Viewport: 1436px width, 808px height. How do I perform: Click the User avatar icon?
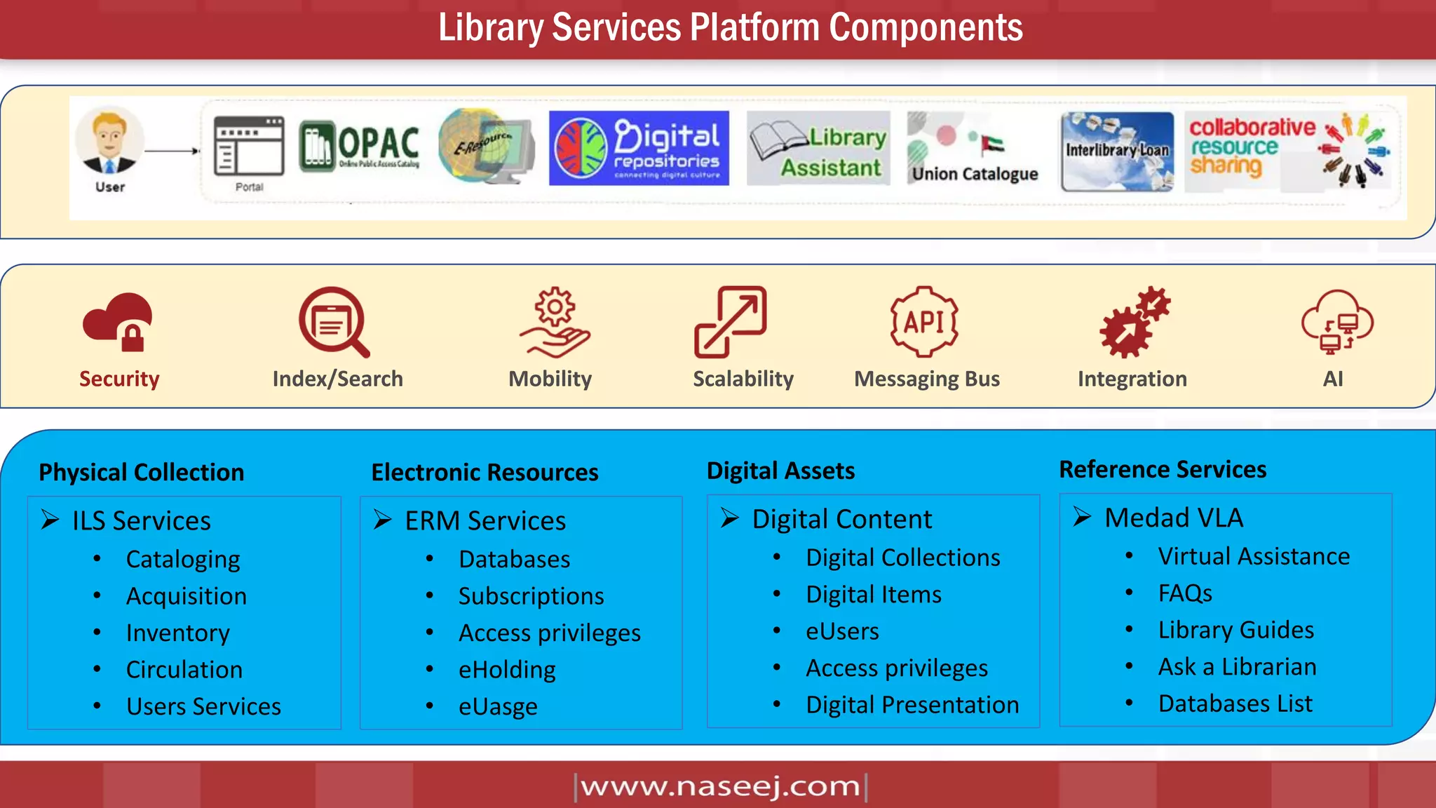tap(109, 141)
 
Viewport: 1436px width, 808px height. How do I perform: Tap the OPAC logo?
tap(359, 146)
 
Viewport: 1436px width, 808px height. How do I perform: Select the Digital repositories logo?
tap(639, 148)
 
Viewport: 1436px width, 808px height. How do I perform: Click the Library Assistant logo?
tap(818, 148)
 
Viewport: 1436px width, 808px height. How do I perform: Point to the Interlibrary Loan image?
tap(1117, 151)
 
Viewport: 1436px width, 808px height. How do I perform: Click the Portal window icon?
tap(249, 146)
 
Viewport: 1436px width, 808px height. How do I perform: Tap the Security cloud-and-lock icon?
tap(118, 321)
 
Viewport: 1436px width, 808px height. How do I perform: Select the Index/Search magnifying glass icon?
tap(334, 322)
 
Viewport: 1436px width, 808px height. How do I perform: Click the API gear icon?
tap(924, 322)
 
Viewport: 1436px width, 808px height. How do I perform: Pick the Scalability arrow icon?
tap(730, 322)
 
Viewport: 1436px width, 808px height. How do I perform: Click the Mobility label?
tap(550, 379)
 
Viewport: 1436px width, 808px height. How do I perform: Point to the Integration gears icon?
tap(1134, 322)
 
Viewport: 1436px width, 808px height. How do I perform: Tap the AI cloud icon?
tap(1336, 322)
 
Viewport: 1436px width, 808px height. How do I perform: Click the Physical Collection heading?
tap(142, 472)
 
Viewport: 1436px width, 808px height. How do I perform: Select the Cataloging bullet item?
tap(183, 559)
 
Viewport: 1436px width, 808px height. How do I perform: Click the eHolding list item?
tap(507, 670)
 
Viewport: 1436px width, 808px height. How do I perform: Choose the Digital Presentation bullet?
tap(912, 705)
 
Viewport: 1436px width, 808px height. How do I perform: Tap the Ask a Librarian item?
tap(1237, 666)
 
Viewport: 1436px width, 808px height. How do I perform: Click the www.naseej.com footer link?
tap(721, 786)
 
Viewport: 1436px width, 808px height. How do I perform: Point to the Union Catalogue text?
tap(975, 174)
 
